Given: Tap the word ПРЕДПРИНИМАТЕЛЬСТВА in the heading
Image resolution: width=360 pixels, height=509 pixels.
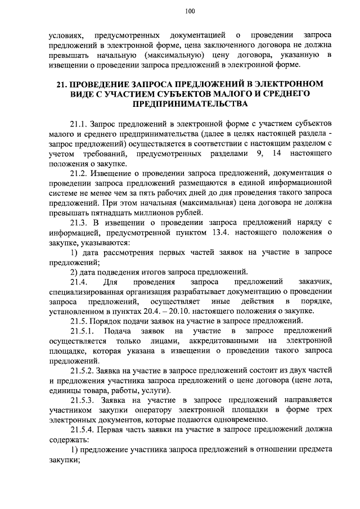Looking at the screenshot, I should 190,104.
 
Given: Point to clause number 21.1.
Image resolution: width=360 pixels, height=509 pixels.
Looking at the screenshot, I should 79,123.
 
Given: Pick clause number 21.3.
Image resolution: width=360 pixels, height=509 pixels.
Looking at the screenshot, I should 79,222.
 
